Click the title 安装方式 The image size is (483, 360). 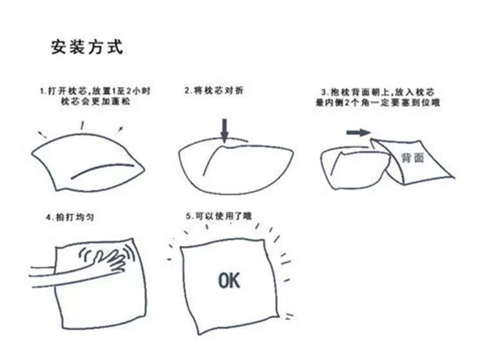pos(87,48)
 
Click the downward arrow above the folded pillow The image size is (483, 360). pos(225,131)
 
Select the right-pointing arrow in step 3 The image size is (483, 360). pos(358,133)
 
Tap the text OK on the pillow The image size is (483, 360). pos(229,280)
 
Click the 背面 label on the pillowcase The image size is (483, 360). pos(413,157)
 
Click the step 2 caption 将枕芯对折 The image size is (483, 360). pos(214,91)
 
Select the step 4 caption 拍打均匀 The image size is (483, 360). pos(70,217)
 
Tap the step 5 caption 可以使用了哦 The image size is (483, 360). pos(219,216)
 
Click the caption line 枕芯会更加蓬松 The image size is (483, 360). pos(95,101)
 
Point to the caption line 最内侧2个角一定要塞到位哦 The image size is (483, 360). pos(377,102)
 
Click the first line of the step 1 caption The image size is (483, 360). pos(95,91)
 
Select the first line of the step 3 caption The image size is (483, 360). pos(377,92)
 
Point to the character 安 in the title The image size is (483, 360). pos(59,48)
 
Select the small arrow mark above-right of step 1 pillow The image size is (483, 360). pos(120,129)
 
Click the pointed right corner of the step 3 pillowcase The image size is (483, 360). pos(454,177)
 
